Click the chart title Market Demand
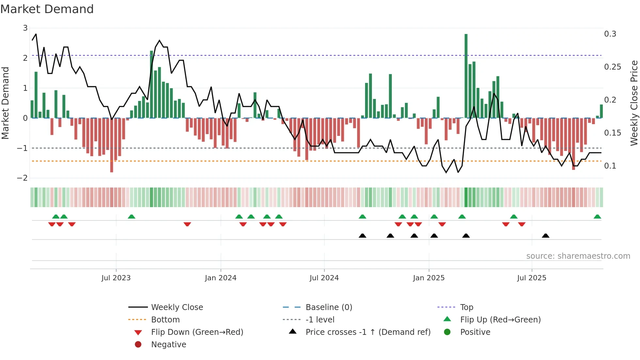tap(47, 9)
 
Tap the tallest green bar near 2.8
tap(466, 76)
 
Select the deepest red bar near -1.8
tap(112, 145)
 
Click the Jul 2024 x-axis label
tap(324, 278)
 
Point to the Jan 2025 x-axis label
tap(428, 278)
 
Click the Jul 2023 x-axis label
tap(116, 278)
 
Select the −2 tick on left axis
tap(23, 178)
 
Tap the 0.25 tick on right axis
tap(612, 67)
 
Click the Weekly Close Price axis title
tap(634, 103)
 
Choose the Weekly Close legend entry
tap(177, 307)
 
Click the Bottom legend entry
tap(165, 320)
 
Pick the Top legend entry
tap(466, 307)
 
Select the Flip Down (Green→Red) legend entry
tap(197, 332)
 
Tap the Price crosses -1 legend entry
tap(368, 332)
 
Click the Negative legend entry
tap(168, 345)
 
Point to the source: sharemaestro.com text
tap(578, 256)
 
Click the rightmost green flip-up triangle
tap(597, 217)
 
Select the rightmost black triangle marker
tap(545, 236)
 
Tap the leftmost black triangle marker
tap(362, 236)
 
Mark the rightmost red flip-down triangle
tap(521, 224)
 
